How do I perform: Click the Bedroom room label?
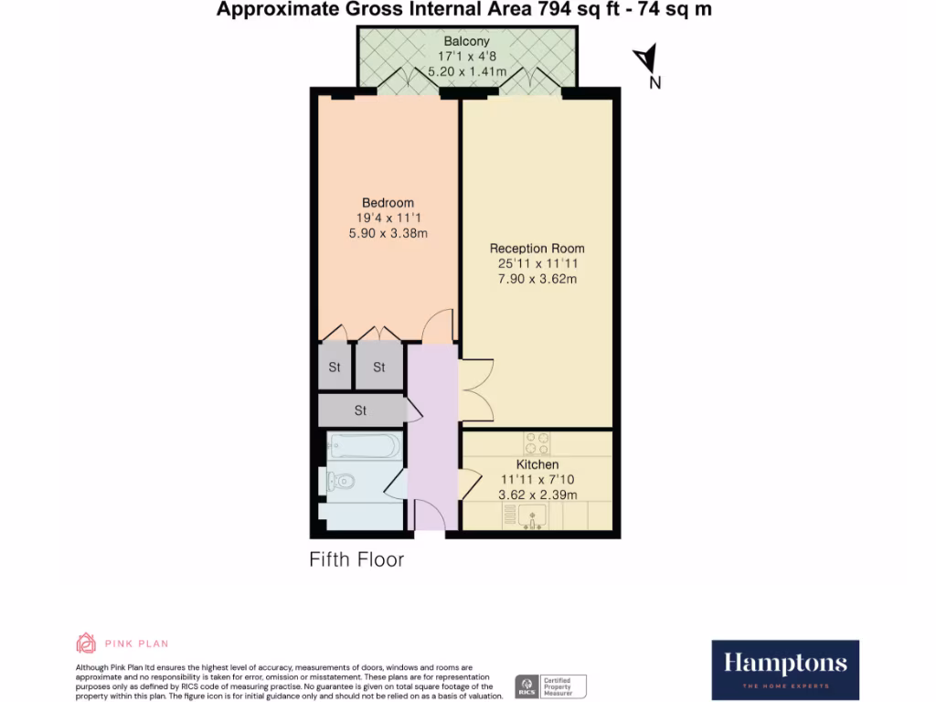coord(388,203)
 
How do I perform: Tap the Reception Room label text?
coord(537,249)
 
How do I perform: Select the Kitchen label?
coord(537,465)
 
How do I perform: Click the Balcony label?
coord(467,41)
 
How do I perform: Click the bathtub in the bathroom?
coord(364,447)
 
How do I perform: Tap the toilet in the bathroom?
coord(340,480)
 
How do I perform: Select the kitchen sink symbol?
coord(532,517)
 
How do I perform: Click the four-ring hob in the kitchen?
coord(537,443)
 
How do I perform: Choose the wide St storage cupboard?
coord(360,410)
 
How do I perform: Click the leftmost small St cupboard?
coord(335,367)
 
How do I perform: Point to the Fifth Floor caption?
coord(356,559)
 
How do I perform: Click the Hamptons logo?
coord(785,669)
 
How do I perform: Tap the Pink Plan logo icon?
coord(86,643)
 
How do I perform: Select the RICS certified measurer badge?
coord(551,686)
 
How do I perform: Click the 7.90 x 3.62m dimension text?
coord(537,279)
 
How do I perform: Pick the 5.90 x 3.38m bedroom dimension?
coord(388,233)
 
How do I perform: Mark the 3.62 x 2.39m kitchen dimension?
coord(537,495)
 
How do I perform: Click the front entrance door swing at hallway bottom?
coord(430,516)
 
